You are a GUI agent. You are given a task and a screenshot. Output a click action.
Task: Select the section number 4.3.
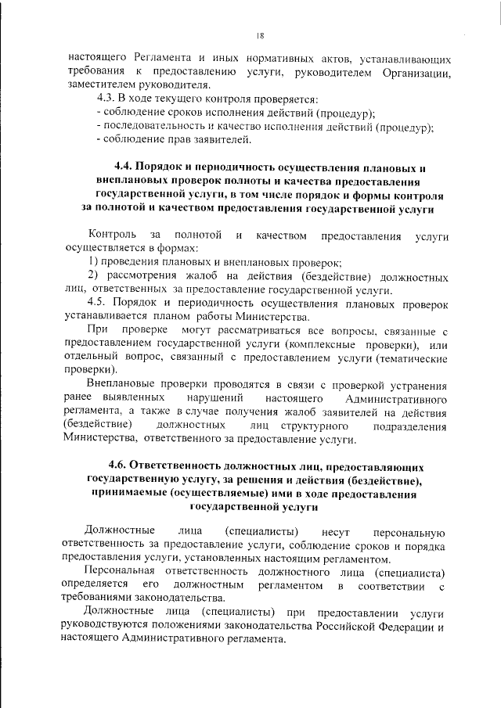click(106, 99)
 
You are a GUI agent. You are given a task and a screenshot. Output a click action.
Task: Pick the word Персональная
click(125, 573)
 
